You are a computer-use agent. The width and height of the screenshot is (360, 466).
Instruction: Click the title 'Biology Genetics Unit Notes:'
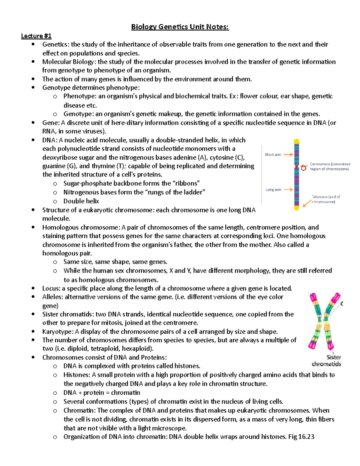coord(180,27)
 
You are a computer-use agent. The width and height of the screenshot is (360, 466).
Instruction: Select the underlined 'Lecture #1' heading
coord(36,36)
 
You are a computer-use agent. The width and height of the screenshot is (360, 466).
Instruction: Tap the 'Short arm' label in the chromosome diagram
coord(273,155)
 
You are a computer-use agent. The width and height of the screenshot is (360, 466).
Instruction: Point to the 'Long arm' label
coord(273,190)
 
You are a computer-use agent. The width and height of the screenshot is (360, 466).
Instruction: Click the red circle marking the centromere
coord(304,168)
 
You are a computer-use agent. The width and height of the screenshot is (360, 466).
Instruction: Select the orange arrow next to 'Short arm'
coord(288,155)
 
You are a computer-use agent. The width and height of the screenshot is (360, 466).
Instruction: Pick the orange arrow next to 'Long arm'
coord(288,190)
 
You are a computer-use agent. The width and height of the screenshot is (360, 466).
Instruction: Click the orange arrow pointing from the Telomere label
coord(307,203)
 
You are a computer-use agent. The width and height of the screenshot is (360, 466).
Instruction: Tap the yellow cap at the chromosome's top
coord(296,142)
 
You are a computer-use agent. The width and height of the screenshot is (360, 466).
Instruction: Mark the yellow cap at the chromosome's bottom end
coord(296,207)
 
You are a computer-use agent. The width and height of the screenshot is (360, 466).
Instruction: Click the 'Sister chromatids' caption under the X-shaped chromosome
coord(326,361)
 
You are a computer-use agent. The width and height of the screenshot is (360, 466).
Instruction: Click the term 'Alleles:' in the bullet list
coord(53,297)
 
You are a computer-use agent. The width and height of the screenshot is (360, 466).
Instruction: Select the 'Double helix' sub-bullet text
coord(81,201)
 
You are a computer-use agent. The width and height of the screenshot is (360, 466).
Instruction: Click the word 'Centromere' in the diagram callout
coord(320,164)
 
